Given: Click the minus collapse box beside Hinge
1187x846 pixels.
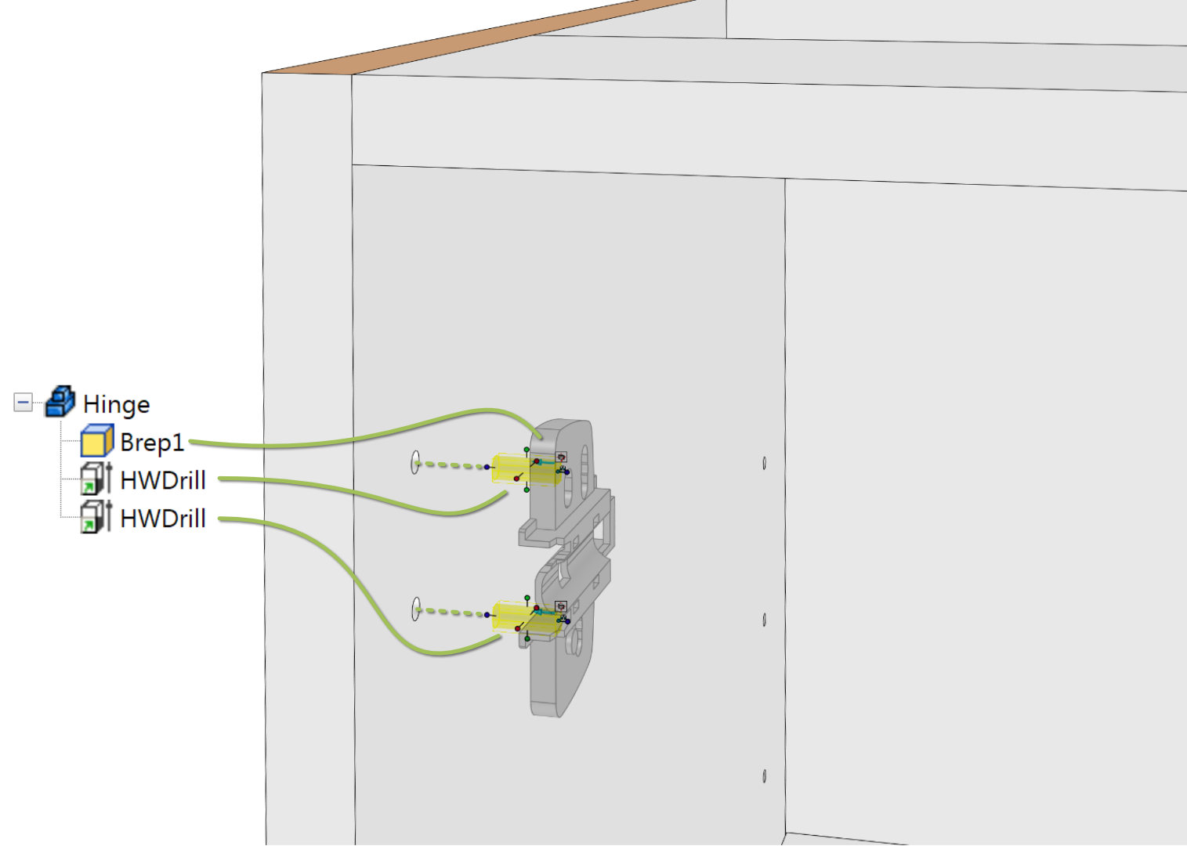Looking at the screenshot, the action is (23, 403).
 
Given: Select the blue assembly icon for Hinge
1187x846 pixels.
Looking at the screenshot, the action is (60, 402).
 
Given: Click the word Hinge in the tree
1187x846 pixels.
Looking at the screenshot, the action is (117, 405).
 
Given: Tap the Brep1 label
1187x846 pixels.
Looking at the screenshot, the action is (152, 443).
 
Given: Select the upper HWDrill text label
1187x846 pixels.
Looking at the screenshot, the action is (163, 480).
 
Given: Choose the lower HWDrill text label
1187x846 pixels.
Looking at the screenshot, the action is (163, 519).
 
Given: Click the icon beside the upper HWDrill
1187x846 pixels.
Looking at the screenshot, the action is (96, 479).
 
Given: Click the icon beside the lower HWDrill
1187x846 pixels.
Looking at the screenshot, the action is (96, 516).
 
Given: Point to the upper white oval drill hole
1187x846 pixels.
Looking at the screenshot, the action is (415, 462).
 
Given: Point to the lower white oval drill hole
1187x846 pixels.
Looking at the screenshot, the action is (415, 609).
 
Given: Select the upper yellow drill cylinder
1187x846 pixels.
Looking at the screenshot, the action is (527, 468).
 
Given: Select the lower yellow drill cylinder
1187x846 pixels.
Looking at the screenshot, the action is (527, 616).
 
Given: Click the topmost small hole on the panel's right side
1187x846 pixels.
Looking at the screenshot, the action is (764, 464).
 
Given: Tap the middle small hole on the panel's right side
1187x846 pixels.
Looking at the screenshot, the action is (764, 620).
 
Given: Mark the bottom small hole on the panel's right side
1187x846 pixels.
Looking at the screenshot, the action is (764, 776).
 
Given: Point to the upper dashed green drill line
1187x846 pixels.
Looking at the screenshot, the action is (451, 465).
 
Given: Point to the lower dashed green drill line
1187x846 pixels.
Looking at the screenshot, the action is (451, 612).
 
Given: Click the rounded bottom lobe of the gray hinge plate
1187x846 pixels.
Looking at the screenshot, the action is (556, 689).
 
